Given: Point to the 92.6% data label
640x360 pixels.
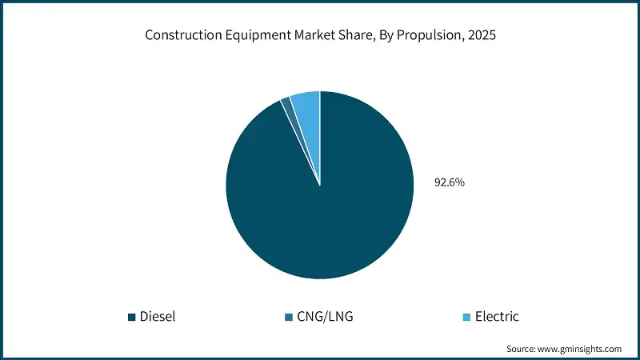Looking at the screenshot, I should point(450,182).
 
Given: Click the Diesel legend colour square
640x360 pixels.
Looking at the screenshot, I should point(132,317).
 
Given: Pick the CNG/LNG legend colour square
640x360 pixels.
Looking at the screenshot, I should point(288,317).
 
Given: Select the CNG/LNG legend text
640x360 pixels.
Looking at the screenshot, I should point(326,317).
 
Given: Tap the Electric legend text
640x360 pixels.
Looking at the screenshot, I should point(497,317).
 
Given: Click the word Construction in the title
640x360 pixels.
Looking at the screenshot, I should point(178,37).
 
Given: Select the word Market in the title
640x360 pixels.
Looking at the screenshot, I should point(306,37).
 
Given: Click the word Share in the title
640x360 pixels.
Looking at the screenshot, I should point(347,37).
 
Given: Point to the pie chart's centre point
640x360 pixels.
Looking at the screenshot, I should point(320,186).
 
